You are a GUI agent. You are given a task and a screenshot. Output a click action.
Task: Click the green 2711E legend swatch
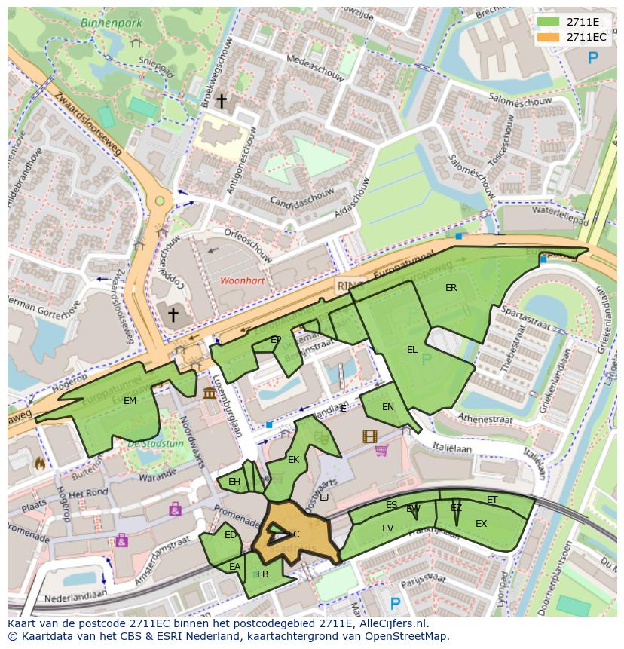click(x=549, y=21)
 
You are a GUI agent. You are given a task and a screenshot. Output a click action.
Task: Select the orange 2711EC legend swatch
click(x=549, y=37)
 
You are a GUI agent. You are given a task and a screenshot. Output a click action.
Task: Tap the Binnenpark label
click(x=112, y=23)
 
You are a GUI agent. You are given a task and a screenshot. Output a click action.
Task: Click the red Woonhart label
click(x=242, y=280)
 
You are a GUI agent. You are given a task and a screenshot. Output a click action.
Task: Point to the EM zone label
click(x=130, y=401)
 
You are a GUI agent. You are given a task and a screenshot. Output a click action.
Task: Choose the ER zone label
click(x=451, y=288)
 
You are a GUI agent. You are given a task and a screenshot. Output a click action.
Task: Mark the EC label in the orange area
click(x=293, y=534)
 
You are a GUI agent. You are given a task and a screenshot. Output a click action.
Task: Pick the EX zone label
click(x=481, y=524)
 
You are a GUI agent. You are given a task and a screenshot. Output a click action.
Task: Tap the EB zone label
click(x=262, y=574)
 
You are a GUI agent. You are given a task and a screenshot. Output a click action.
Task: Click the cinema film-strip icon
click(x=369, y=436)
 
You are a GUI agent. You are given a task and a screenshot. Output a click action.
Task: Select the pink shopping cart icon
click(x=381, y=451)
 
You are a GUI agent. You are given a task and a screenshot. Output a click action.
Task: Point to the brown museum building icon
click(x=210, y=393)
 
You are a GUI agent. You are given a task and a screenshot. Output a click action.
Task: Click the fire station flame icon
click(x=38, y=464)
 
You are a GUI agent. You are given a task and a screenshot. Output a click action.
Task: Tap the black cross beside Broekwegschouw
click(x=222, y=100)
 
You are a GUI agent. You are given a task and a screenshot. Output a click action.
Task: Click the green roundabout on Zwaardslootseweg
click(x=159, y=201)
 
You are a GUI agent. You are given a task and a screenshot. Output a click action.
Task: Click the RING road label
click(x=350, y=286)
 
